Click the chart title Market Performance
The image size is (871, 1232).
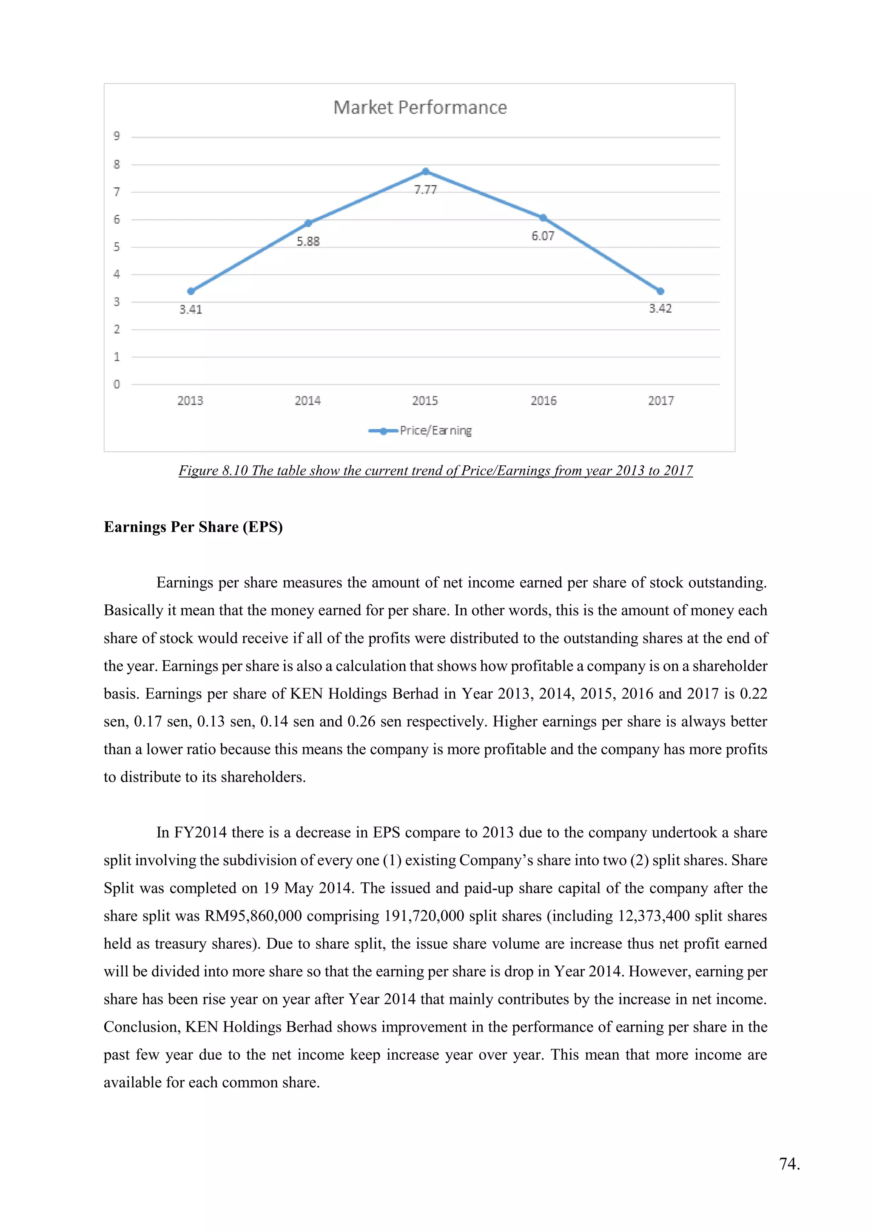tap(420, 107)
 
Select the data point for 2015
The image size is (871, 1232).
tap(425, 171)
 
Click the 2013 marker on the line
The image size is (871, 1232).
tap(191, 291)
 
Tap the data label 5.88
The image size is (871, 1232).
tap(308, 242)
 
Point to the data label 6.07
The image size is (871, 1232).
tap(542, 236)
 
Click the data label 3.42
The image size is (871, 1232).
tap(660, 308)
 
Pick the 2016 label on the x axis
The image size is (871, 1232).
tap(543, 400)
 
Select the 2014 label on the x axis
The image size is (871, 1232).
tap(308, 400)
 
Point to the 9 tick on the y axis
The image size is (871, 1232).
tap(117, 136)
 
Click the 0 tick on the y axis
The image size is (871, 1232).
tap(117, 384)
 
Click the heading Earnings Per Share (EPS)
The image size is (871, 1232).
tap(193, 527)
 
